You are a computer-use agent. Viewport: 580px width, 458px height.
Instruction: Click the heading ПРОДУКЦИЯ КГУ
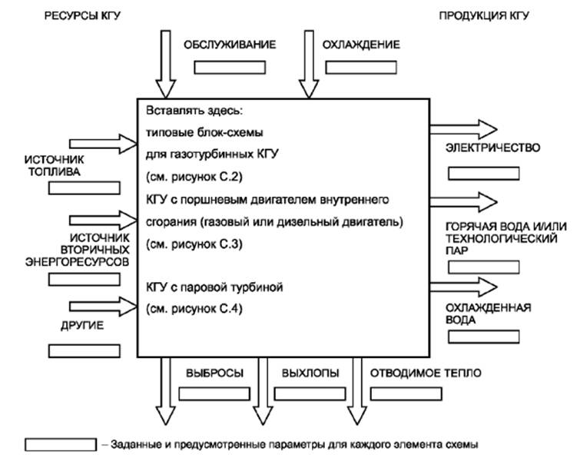pos(484,16)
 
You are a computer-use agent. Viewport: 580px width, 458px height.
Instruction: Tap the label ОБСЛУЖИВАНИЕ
pos(229,45)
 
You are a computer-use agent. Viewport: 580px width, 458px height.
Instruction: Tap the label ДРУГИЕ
pos(81,326)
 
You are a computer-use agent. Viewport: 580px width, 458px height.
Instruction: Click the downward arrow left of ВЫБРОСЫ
pos(165,392)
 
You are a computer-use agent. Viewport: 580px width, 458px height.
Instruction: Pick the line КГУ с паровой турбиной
pos(215,287)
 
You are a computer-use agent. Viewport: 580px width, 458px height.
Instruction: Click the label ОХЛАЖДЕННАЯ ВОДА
pos(489,314)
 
